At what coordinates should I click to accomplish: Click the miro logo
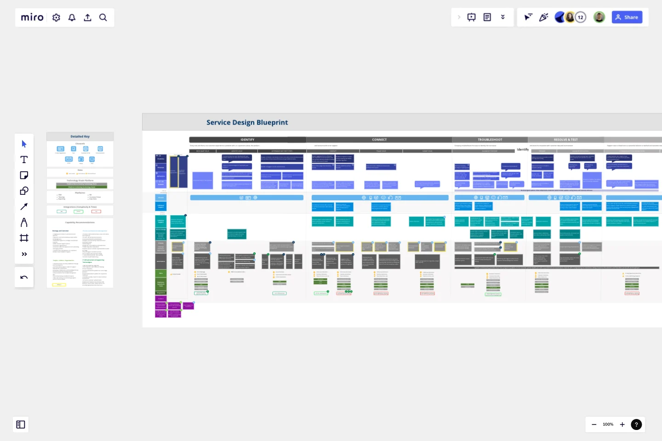pyautogui.click(x=32, y=17)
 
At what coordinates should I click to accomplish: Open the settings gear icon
pyautogui.click(x=57, y=17)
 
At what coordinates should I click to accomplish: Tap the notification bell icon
pyautogui.click(x=72, y=17)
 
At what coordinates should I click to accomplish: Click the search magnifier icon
pyautogui.click(x=103, y=17)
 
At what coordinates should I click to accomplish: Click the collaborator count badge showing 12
pyautogui.click(x=581, y=17)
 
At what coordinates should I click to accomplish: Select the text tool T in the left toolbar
pyautogui.click(x=24, y=159)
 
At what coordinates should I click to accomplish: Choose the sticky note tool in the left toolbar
pyautogui.click(x=24, y=175)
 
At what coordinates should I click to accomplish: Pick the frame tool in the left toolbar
pyautogui.click(x=24, y=238)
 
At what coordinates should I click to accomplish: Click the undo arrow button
pyautogui.click(x=24, y=277)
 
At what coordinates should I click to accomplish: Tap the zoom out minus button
pyautogui.click(x=594, y=424)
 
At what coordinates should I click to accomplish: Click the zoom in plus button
pyautogui.click(x=622, y=424)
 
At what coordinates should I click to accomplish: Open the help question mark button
pyautogui.click(x=636, y=424)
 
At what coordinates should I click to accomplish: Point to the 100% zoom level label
pyautogui.click(x=608, y=424)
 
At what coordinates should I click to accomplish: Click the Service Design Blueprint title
pyautogui.click(x=247, y=123)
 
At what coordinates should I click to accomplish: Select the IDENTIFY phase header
pyautogui.click(x=247, y=140)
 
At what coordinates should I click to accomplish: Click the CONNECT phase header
pyautogui.click(x=379, y=140)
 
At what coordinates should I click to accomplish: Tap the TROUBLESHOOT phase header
pyautogui.click(x=490, y=140)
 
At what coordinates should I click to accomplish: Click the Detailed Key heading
pyautogui.click(x=80, y=136)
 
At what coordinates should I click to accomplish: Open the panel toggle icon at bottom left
pyautogui.click(x=21, y=424)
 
